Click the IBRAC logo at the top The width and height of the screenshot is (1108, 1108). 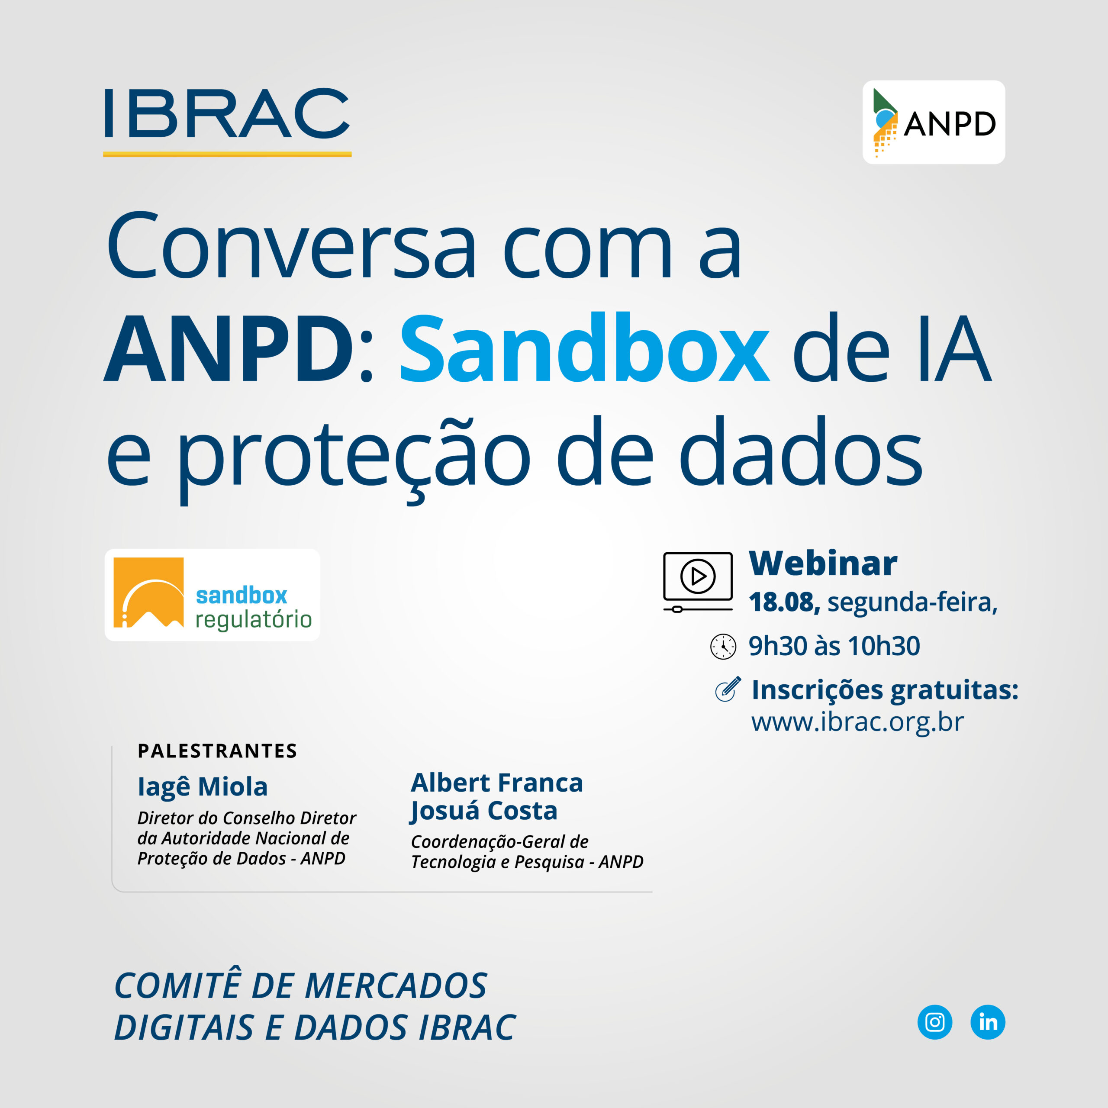[x=227, y=122]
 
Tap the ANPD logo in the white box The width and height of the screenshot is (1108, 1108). [x=934, y=122]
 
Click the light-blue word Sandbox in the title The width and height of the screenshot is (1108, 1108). [x=584, y=348]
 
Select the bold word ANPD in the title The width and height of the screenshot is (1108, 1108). [x=229, y=348]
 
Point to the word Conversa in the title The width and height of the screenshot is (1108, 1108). [x=291, y=245]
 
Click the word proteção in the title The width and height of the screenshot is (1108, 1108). [x=354, y=457]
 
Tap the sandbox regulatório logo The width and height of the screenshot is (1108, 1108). [x=212, y=595]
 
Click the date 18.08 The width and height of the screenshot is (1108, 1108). [x=784, y=602]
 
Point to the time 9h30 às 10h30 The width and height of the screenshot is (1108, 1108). [x=834, y=646]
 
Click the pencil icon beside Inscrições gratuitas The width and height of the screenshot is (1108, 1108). [x=728, y=689]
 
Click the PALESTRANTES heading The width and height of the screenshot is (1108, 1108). [x=217, y=750]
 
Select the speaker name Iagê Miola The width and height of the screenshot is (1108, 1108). [x=203, y=786]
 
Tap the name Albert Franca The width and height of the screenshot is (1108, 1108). [x=496, y=783]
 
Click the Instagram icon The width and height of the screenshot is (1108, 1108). [x=935, y=1022]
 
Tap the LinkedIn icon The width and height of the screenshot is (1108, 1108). [x=988, y=1022]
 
